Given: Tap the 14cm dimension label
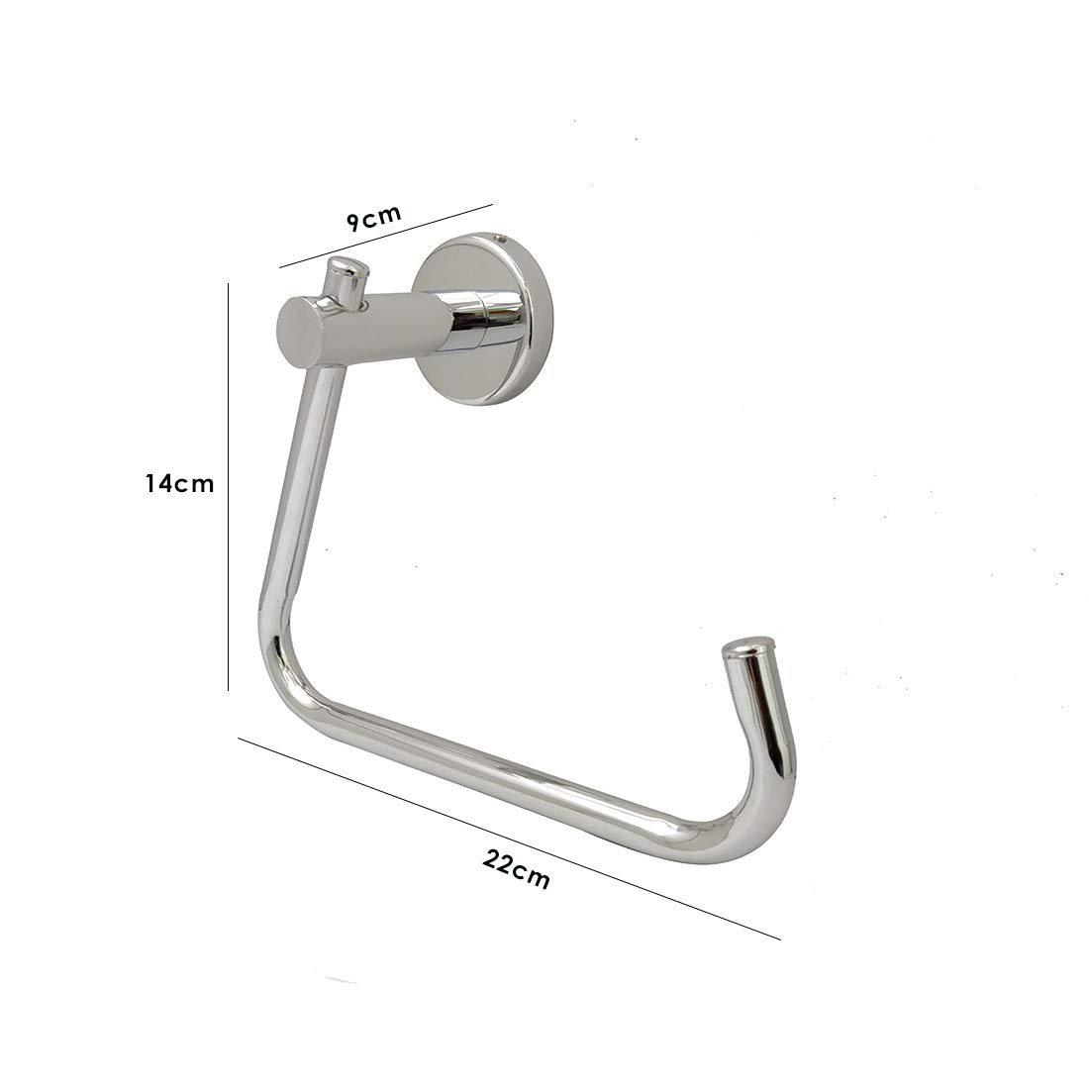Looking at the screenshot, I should point(178,484).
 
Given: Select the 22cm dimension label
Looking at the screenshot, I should point(517,868).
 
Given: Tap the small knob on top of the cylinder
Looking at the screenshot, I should point(345,278).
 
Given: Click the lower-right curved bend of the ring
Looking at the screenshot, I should point(752,802).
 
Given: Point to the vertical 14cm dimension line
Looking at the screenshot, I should point(229,485).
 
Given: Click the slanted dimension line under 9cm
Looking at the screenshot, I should point(386,237).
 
